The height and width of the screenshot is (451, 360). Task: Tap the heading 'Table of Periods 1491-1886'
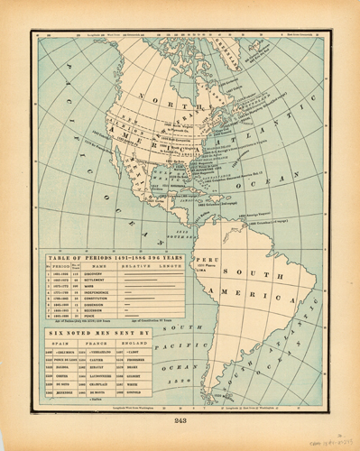pos(110,257)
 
